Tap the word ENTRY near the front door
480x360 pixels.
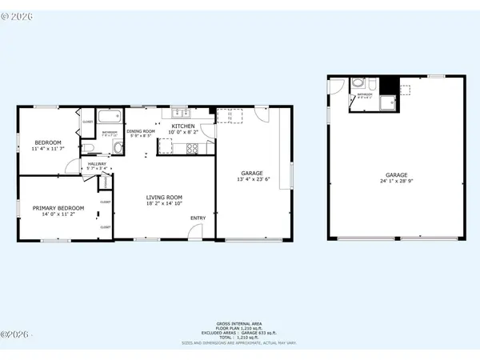197,218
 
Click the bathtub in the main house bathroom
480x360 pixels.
110,116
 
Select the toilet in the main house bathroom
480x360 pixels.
118,147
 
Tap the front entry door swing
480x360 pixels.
194,232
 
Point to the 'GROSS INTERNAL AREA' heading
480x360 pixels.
240,322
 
